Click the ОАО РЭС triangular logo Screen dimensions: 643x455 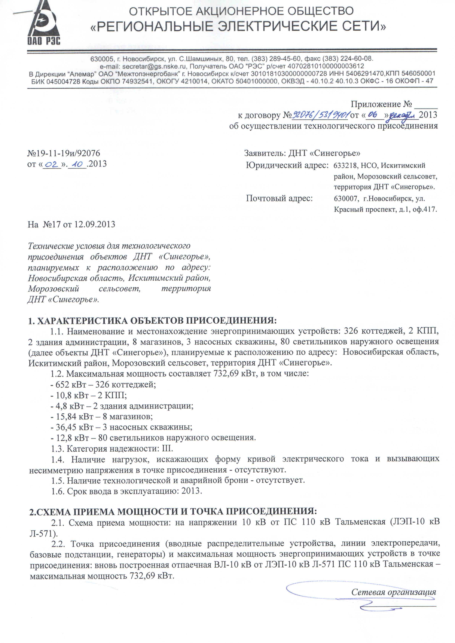click(43, 24)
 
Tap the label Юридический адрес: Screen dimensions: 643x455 click(287, 166)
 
